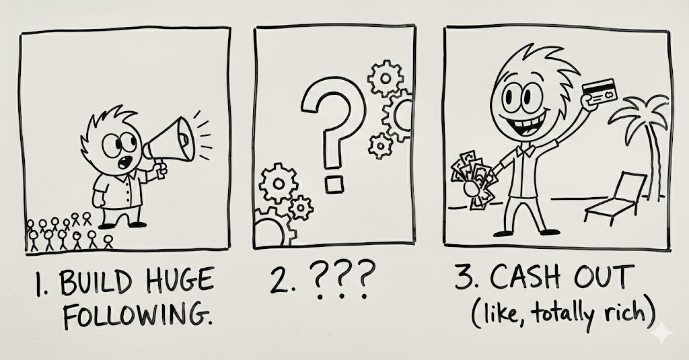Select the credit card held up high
point(600,92)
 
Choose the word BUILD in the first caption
point(96,282)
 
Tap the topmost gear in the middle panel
point(386,78)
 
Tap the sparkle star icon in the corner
point(662,334)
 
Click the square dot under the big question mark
point(334,184)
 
